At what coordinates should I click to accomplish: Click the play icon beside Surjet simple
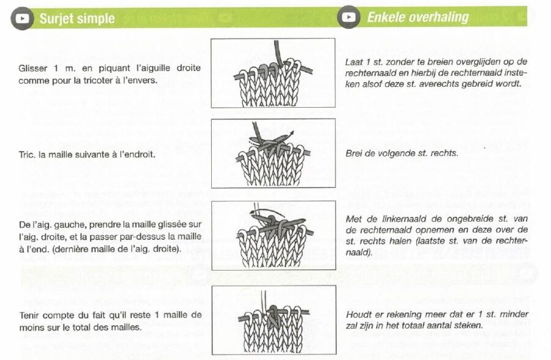coord(23,18)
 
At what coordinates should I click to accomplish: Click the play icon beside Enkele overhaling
coord(348,17)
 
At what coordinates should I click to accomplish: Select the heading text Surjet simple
coord(77,18)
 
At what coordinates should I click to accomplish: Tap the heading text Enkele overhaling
coord(418,17)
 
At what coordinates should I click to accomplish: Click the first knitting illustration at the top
coord(273,73)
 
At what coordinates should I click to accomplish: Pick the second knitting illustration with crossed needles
coord(273,154)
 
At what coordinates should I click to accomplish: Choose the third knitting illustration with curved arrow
coord(273,235)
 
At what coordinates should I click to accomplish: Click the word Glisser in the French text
coord(34,68)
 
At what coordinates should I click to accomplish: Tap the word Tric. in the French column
coord(28,154)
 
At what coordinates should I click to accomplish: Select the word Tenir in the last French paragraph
coord(31,315)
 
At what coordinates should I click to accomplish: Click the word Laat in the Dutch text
coord(354,62)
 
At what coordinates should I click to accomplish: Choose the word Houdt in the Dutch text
coord(358,315)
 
